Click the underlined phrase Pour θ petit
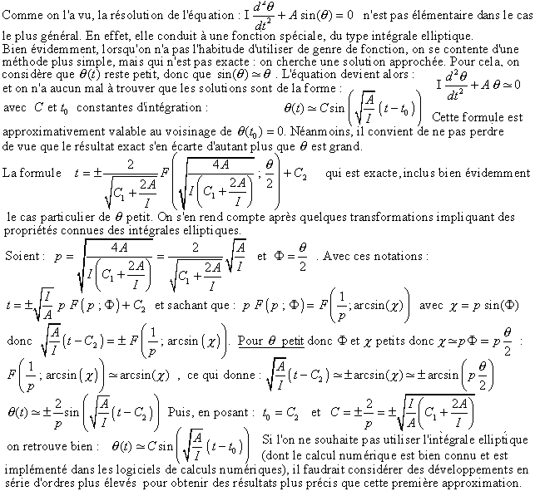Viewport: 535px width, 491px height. point(270,341)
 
